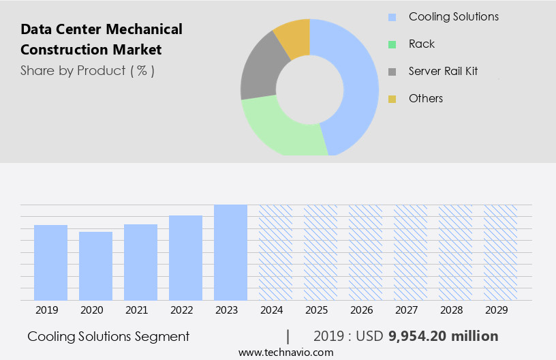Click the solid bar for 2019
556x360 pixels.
click(50, 262)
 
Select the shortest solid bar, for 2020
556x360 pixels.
click(95, 266)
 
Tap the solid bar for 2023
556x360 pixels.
click(230, 252)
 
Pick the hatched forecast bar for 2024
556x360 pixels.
click(275, 252)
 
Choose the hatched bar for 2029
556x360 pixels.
click(500, 252)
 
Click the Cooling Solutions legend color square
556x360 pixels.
click(392, 17)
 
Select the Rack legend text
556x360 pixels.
click(421, 44)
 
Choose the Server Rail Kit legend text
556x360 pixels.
click(443, 71)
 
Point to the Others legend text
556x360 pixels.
click(425, 98)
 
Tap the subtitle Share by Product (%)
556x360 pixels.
click(87, 70)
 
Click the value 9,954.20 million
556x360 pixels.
click(443, 336)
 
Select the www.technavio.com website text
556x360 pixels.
click(285, 352)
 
